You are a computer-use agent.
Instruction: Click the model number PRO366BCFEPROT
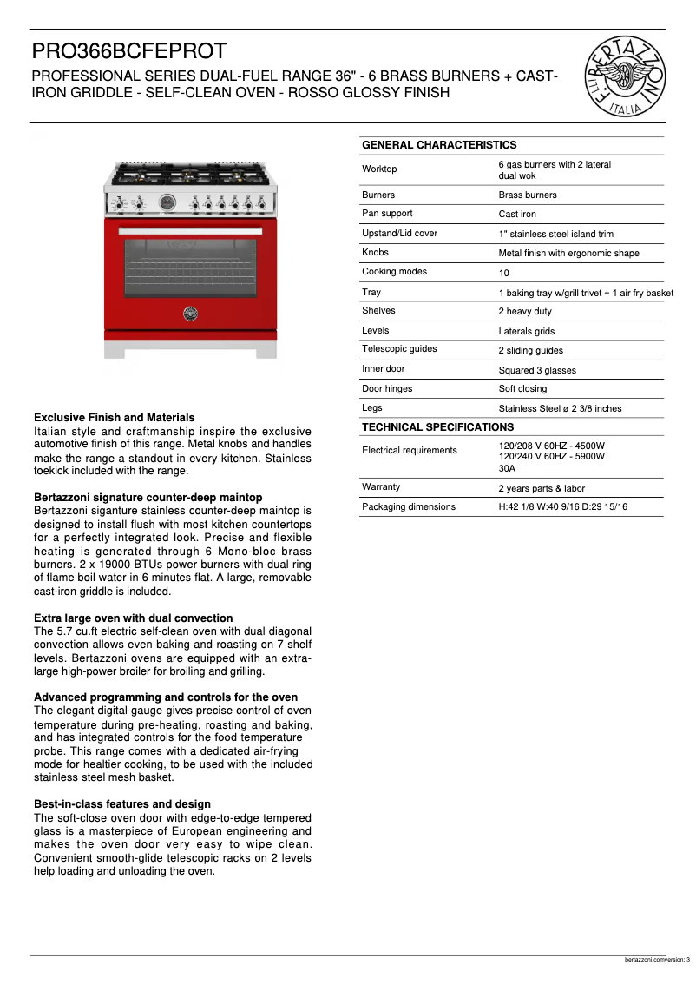pyautogui.click(x=129, y=52)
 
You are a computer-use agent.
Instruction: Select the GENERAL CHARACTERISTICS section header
pyautogui.click(x=438, y=145)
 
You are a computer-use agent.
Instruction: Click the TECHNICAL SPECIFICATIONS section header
pyautogui.click(x=437, y=427)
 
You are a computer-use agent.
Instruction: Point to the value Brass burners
pyautogui.click(x=528, y=195)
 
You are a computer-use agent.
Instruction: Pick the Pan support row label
pyautogui.click(x=387, y=214)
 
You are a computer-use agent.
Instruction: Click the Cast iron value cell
pyautogui.click(x=517, y=215)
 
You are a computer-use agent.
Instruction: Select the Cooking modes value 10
pyautogui.click(x=503, y=273)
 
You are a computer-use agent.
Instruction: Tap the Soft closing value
pyautogui.click(x=522, y=389)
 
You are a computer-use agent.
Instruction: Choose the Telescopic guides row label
pyautogui.click(x=399, y=349)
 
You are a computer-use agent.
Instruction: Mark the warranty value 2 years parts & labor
pyautogui.click(x=542, y=488)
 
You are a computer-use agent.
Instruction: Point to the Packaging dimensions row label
pyautogui.click(x=408, y=506)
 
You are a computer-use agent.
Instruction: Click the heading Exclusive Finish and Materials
pyautogui.click(x=114, y=418)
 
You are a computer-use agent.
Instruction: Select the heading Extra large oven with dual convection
pyautogui.click(x=133, y=618)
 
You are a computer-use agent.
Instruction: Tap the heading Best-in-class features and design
pyautogui.click(x=121, y=804)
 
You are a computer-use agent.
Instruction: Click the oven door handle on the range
pyautogui.click(x=191, y=230)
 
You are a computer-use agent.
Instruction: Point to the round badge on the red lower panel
pyautogui.click(x=190, y=314)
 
